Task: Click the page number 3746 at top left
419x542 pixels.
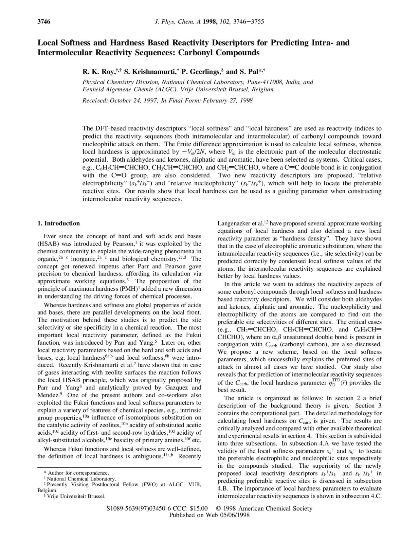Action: (x=44, y=22)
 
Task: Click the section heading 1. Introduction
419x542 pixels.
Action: (x=59, y=224)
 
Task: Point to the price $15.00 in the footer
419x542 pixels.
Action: (x=199, y=509)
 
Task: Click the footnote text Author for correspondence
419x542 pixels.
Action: (x=78, y=473)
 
